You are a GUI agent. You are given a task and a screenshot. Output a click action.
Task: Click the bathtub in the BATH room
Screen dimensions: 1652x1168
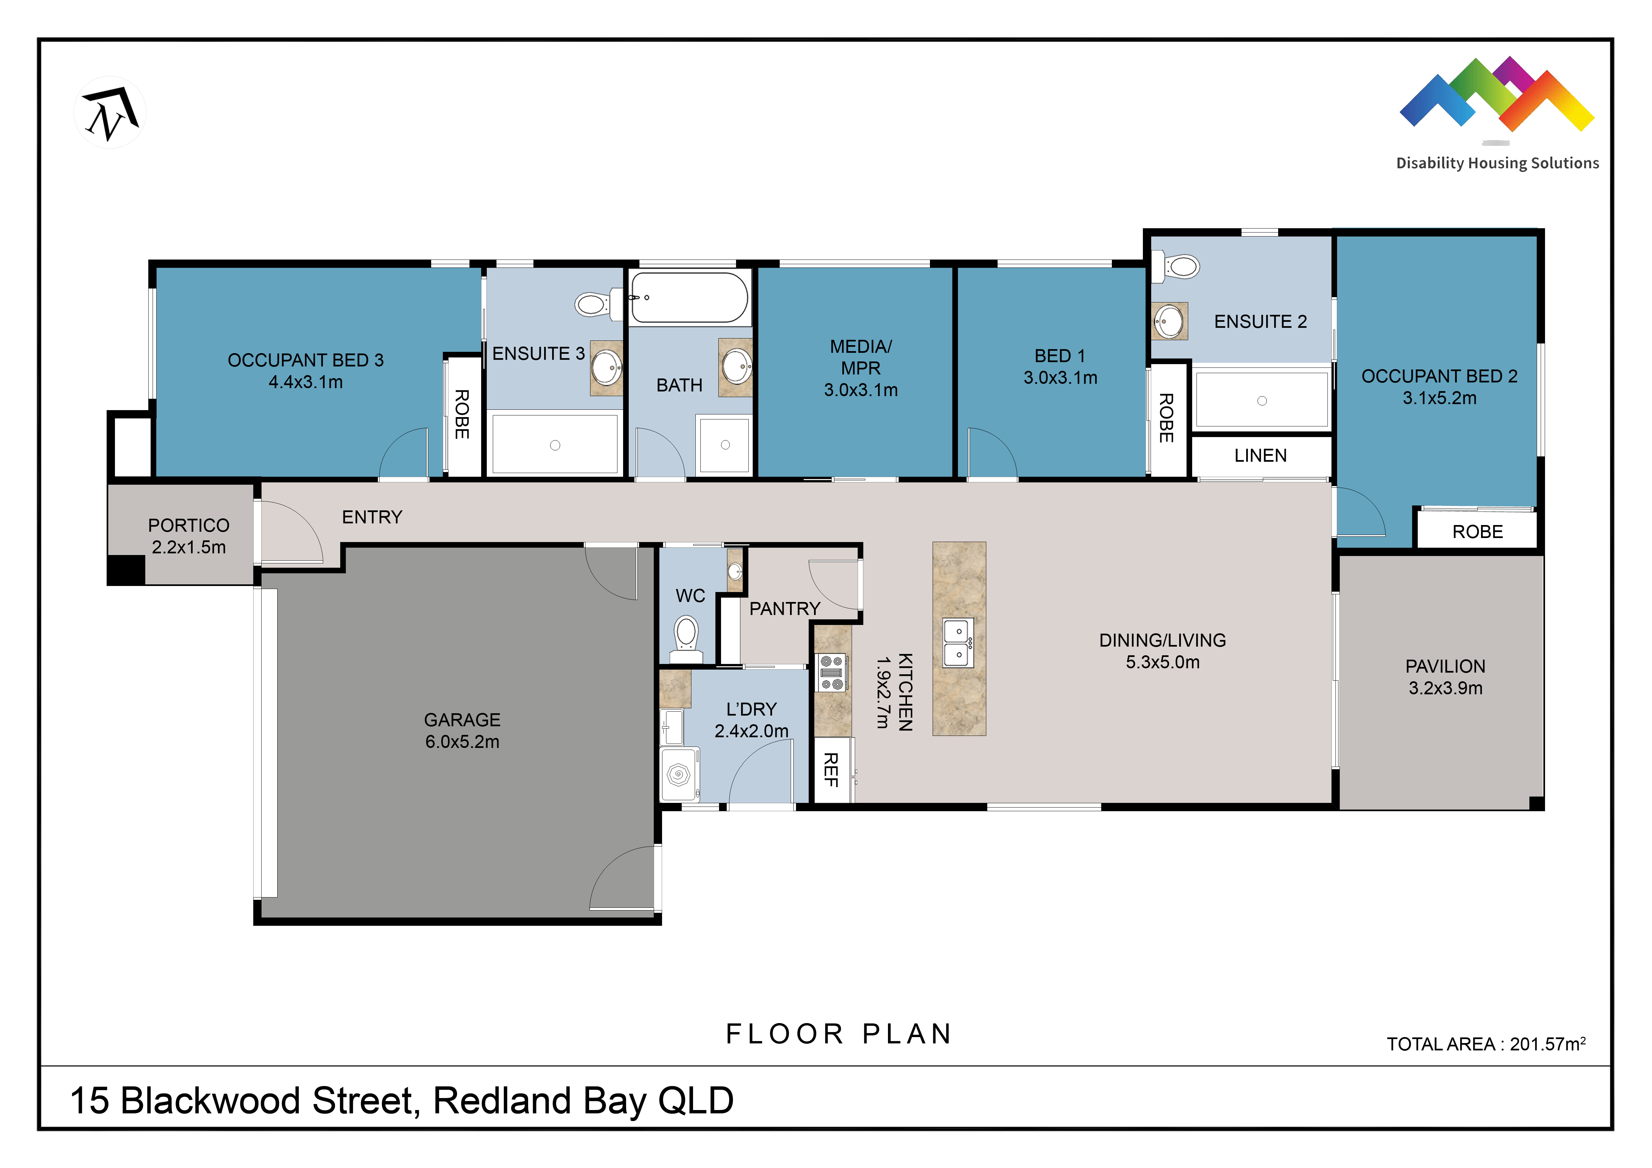click(689, 297)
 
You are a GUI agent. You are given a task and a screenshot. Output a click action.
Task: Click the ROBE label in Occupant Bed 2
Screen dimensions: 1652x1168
click(1477, 531)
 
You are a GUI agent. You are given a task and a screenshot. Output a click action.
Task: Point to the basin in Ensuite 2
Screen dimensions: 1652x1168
click(1169, 321)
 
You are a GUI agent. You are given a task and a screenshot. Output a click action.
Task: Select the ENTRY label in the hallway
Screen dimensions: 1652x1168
click(372, 517)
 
